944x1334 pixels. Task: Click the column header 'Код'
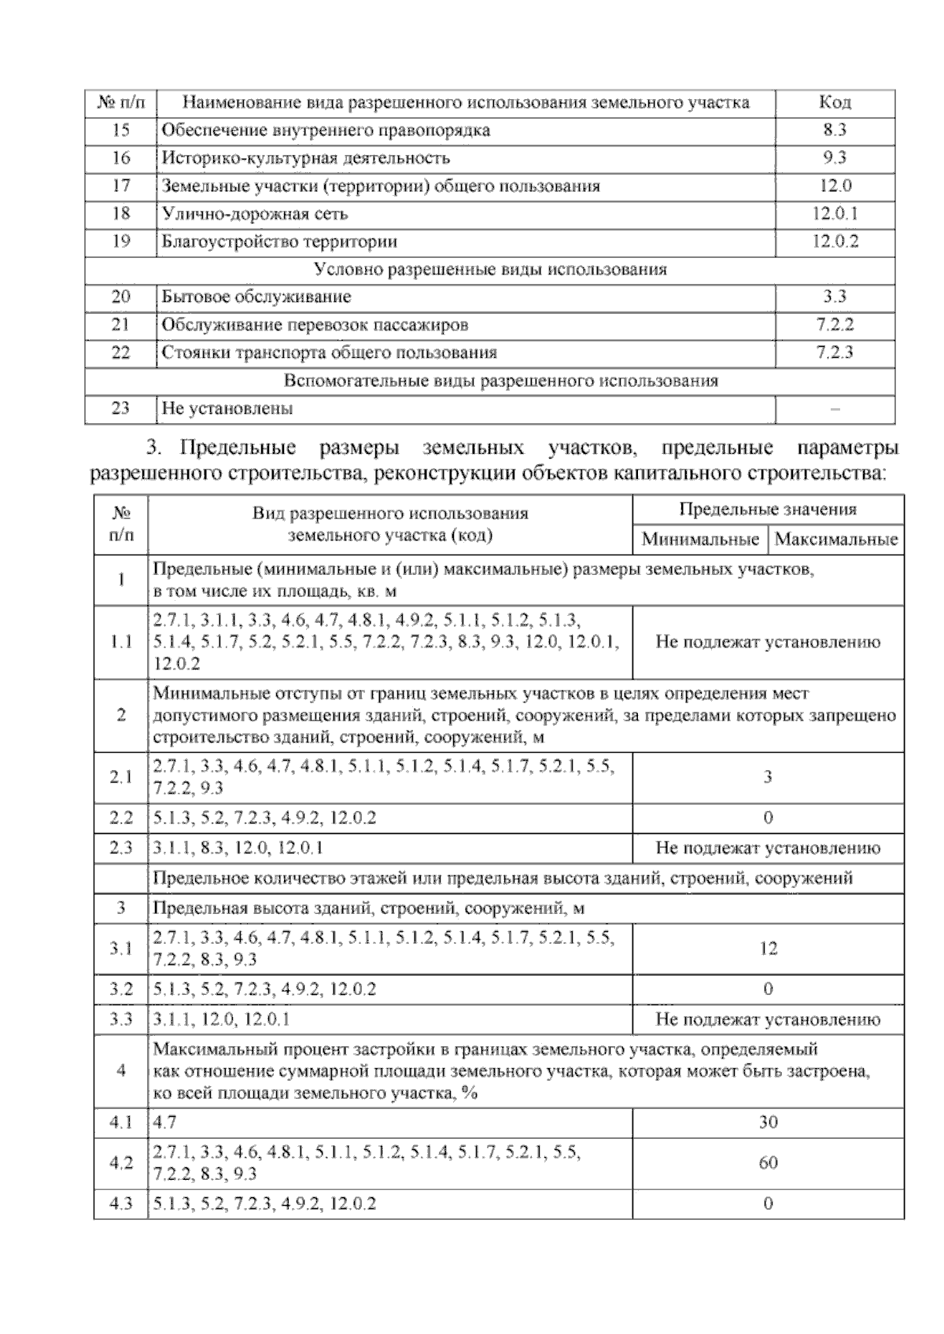click(x=835, y=102)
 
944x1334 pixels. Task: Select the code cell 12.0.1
click(x=835, y=214)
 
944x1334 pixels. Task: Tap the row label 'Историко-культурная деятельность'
click(x=306, y=158)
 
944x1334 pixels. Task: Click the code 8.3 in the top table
click(x=835, y=131)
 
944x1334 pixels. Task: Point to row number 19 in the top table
click(x=120, y=241)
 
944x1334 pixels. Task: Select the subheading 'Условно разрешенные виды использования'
click(x=490, y=270)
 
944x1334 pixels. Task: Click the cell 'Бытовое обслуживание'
click(x=256, y=297)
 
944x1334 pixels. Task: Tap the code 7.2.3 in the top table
click(x=835, y=352)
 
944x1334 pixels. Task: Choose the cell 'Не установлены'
click(x=227, y=409)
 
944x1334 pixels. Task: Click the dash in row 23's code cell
click(x=835, y=409)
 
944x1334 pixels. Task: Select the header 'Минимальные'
click(x=700, y=540)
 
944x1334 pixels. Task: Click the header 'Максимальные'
click(x=836, y=540)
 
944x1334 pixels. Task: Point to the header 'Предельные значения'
click(x=768, y=510)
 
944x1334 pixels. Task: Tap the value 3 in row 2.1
click(x=768, y=777)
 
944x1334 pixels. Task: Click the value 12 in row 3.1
click(x=768, y=949)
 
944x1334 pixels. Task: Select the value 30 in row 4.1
click(x=768, y=1122)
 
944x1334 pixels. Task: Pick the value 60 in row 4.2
click(x=768, y=1163)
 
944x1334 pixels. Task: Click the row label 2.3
click(x=120, y=848)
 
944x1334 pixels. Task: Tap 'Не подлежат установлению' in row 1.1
click(x=768, y=642)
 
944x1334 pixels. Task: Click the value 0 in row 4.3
click(x=768, y=1203)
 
